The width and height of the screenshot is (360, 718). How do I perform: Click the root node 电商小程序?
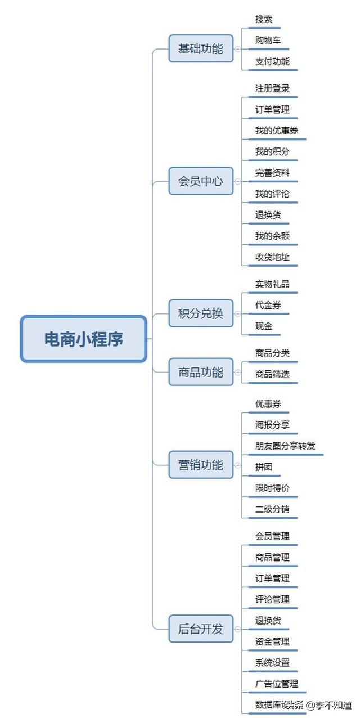(x=84, y=339)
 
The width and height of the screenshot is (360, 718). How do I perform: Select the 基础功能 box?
(x=201, y=48)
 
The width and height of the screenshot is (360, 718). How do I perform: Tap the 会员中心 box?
(x=201, y=181)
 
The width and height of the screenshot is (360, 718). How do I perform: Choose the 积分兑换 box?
(x=201, y=313)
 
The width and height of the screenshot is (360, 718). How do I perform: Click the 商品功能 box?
(x=201, y=372)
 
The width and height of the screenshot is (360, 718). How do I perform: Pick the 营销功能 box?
(x=201, y=465)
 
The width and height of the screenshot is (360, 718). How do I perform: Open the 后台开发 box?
(x=201, y=629)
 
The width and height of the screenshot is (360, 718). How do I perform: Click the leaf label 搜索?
(x=264, y=19)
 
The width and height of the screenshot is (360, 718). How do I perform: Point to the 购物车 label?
(x=268, y=41)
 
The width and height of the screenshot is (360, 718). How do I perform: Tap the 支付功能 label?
(x=272, y=61)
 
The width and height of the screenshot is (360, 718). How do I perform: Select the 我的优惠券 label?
(x=277, y=131)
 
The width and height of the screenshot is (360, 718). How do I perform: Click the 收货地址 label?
(x=272, y=257)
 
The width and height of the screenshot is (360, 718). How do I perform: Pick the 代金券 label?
(x=268, y=305)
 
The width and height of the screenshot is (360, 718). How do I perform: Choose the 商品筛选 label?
(x=272, y=374)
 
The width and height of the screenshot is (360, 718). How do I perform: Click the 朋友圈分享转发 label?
(x=285, y=446)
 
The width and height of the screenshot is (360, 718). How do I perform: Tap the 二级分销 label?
(x=272, y=509)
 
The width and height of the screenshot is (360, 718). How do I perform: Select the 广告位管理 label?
(x=277, y=683)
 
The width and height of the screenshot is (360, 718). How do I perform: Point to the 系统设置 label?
(x=272, y=662)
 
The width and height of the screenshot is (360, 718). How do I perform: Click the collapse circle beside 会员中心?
(x=237, y=181)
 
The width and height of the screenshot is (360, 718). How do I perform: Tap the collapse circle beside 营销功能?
(x=237, y=465)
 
